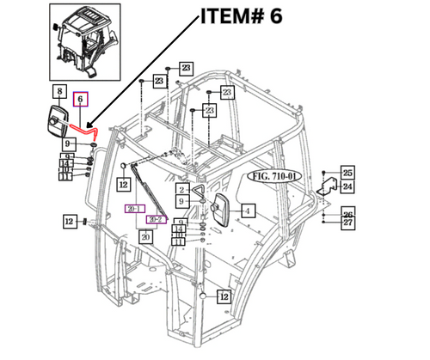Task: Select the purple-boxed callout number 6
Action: click(x=81, y=100)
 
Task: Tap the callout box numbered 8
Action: click(x=59, y=92)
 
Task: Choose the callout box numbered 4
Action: click(x=246, y=209)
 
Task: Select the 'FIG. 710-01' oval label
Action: click(x=273, y=177)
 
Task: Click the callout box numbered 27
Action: click(x=347, y=222)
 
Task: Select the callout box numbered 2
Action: click(x=182, y=189)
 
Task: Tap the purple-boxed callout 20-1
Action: click(x=133, y=209)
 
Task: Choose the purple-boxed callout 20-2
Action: click(x=155, y=220)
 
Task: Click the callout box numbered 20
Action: click(x=146, y=236)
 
